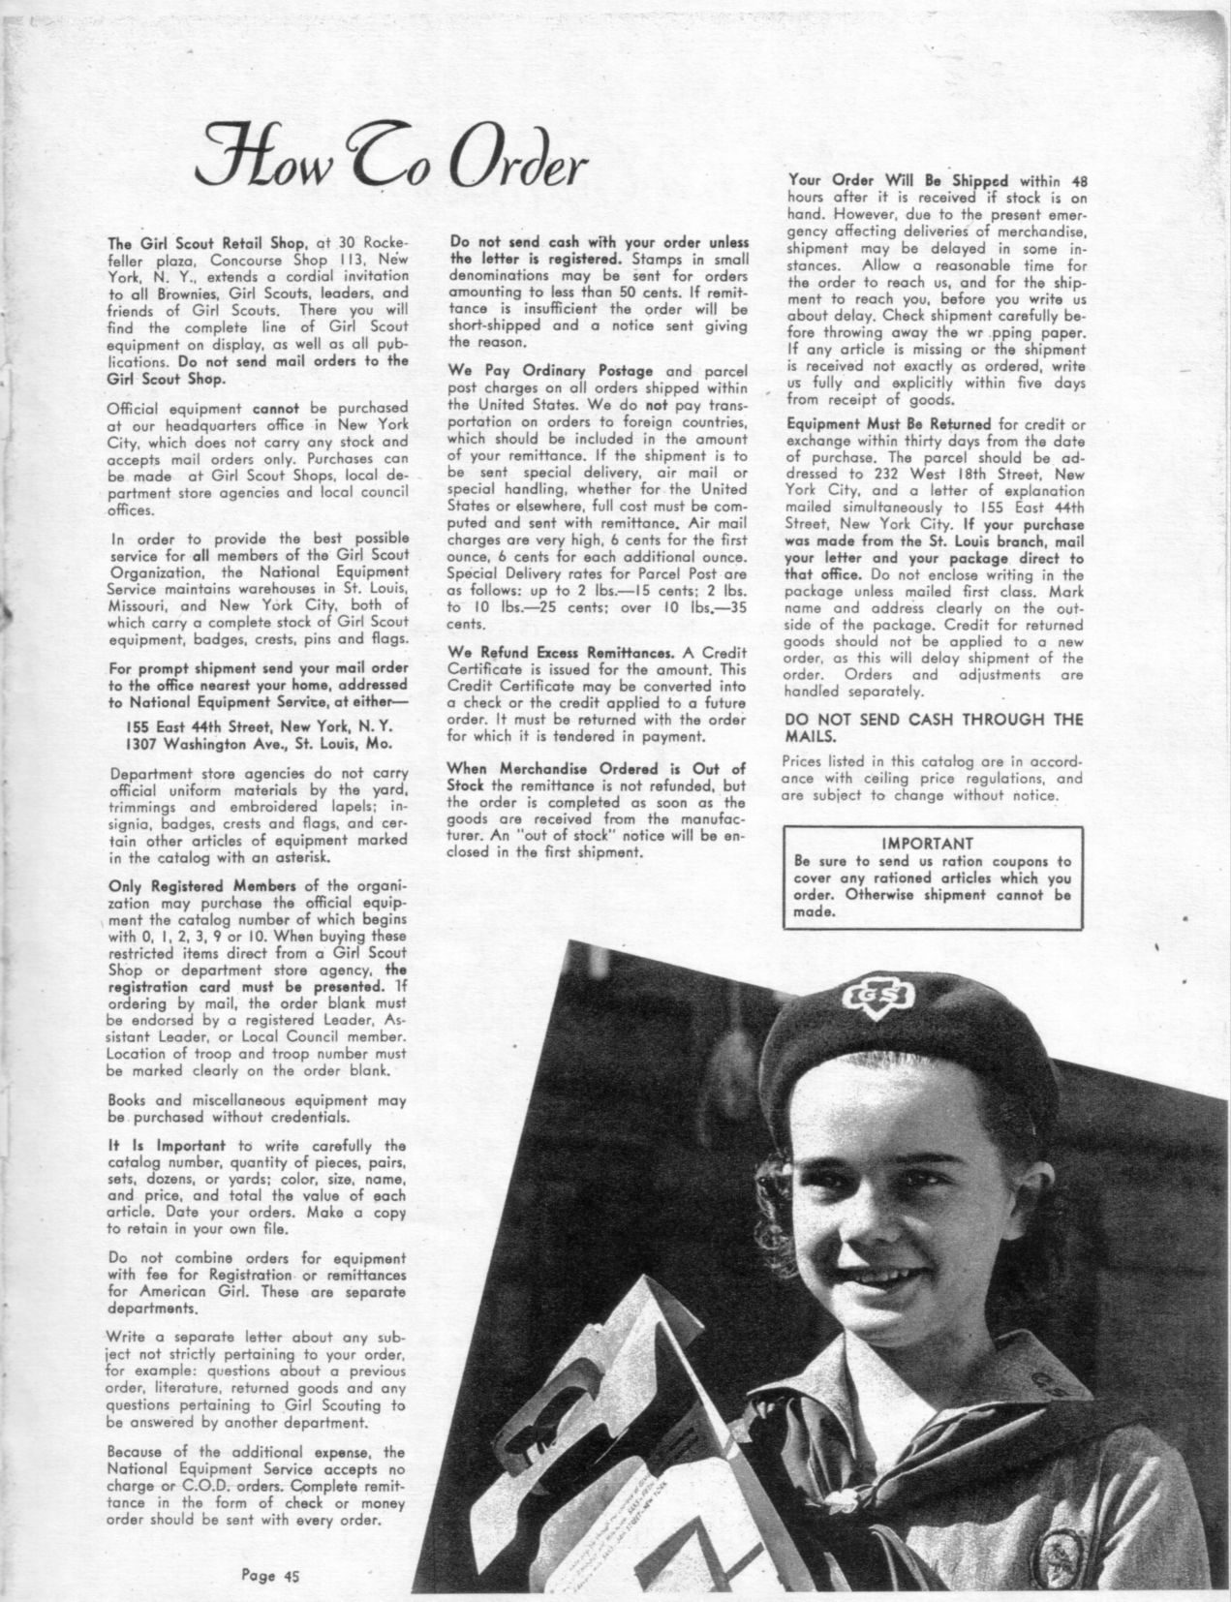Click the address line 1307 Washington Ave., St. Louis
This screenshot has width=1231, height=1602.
tap(256, 743)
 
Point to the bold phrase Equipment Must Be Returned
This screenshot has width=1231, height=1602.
tap(889, 424)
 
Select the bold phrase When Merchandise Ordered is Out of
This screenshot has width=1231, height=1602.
tap(596, 769)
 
